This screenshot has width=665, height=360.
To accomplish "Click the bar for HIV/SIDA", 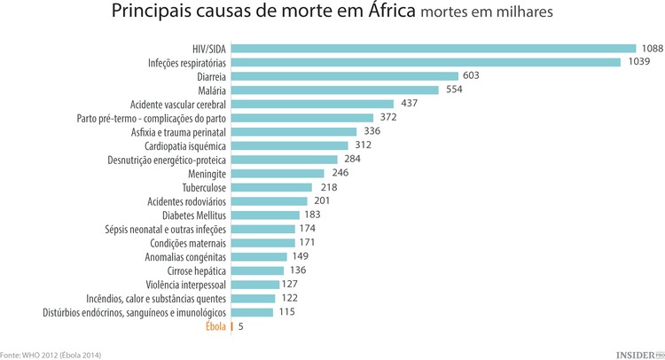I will click(434, 49).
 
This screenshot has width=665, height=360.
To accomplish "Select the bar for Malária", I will click(335, 90).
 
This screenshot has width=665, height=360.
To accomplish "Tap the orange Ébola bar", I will click(232, 326).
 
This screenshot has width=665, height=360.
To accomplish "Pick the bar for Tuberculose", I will click(271, 187).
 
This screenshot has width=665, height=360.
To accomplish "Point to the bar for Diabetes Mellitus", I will click(265, 215).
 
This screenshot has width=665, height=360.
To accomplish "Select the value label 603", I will click(471, 76).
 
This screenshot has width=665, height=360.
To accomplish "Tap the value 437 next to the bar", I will click(409, 104).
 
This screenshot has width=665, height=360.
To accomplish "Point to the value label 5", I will click(240, 326).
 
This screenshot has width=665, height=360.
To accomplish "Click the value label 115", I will click(287, 312).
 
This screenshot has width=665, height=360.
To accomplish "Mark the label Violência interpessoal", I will click(186, 285).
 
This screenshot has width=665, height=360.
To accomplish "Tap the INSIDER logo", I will click(638, 353).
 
